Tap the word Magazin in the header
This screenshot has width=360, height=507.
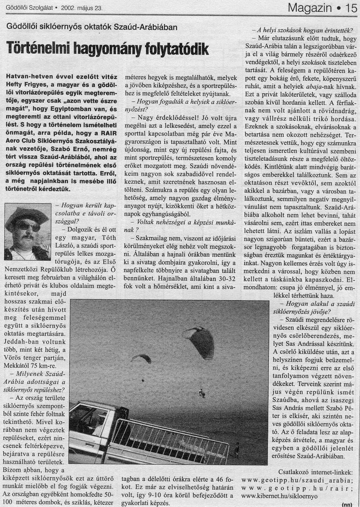point(310,7)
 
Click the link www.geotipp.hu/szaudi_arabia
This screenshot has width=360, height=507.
point(297,480)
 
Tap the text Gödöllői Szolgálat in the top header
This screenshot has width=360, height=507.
point(28,9)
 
